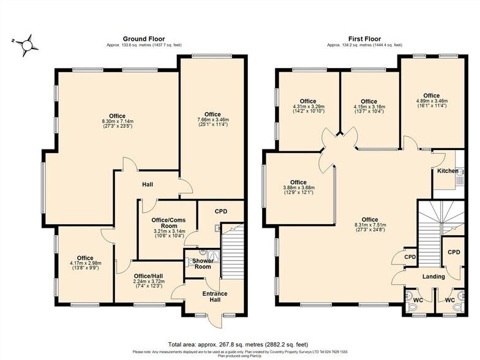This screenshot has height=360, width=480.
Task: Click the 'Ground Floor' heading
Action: click(144, 39)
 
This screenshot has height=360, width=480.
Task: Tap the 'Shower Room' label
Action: click(203, 263)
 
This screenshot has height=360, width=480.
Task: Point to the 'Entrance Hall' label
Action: click(215, 297)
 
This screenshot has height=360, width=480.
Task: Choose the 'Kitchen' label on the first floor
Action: click(448, 171)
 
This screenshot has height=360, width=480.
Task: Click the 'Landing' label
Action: click(433, 277)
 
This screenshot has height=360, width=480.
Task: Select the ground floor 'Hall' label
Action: click(148, 184)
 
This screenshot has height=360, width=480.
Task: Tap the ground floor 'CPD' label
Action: click(221, 211)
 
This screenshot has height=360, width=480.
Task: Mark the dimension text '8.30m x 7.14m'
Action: click(117, 122)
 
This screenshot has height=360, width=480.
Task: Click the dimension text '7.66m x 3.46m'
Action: click(212, 121)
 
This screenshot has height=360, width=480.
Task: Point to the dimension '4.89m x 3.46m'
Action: click(432, 102)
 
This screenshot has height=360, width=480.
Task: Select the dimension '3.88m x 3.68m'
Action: click(298, 188)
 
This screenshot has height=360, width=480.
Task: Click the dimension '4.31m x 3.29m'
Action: click(308, 107)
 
